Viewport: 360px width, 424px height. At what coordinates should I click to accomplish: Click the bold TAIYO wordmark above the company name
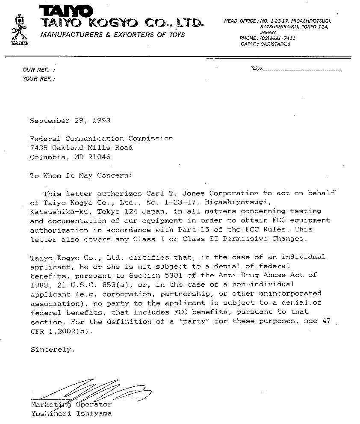[66, 10]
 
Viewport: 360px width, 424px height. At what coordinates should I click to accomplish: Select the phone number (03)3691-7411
[277, 38]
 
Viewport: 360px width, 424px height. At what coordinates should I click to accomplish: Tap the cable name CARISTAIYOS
[275, 44]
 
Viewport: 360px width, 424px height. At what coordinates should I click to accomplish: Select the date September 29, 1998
[70, 121]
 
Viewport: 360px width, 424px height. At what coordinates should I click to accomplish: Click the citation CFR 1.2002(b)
[61, 331]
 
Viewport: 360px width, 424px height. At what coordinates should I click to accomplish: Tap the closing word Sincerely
[53, 350]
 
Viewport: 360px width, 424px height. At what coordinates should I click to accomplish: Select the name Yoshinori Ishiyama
[71, 414]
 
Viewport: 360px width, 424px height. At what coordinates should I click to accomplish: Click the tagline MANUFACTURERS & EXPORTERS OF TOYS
[112, 35]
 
